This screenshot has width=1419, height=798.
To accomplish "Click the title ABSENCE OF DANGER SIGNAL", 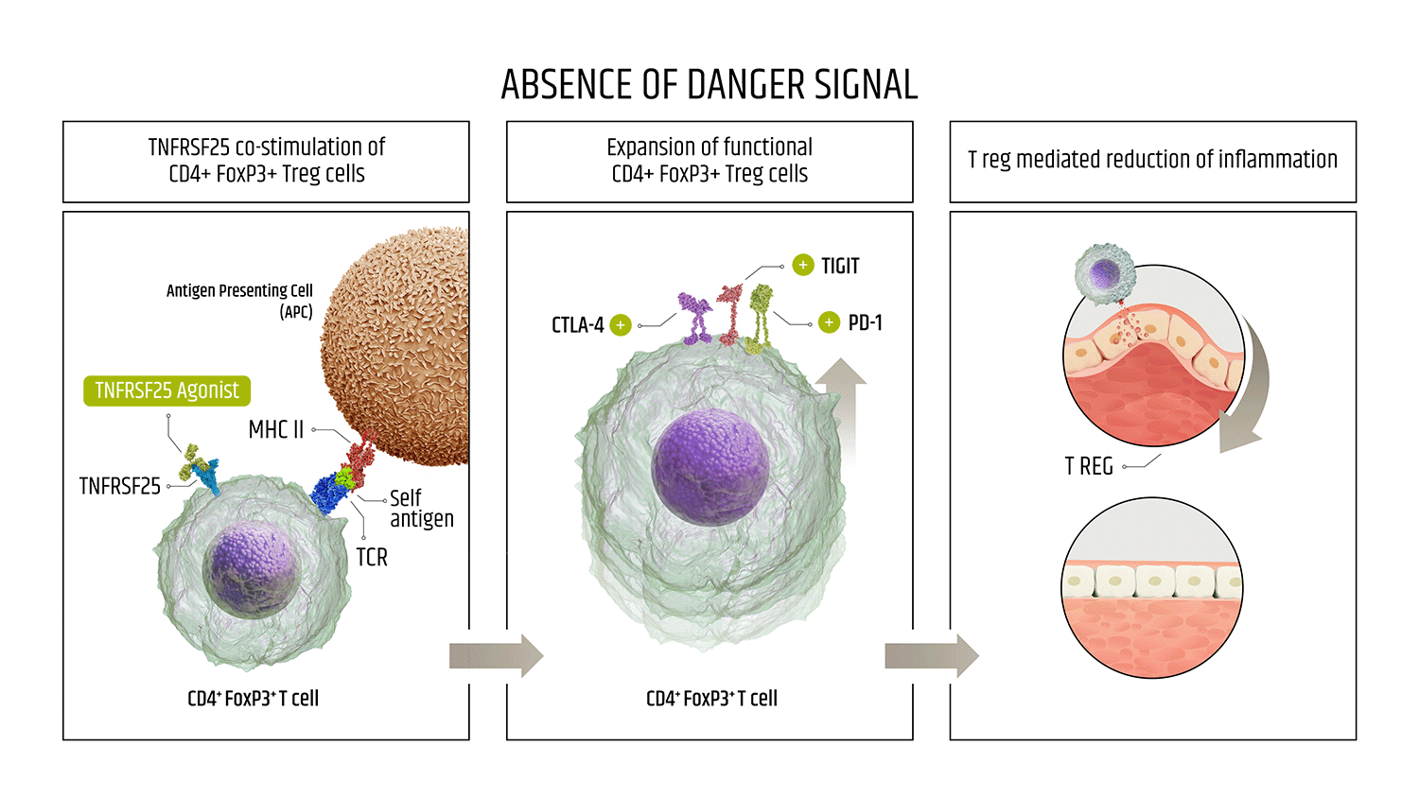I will (709, 85).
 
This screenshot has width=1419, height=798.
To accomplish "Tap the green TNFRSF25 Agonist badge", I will (166, 390).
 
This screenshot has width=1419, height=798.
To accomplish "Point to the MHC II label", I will (275, 430).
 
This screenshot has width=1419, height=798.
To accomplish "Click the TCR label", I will (372, 558).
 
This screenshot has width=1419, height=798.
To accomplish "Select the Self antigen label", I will (421, 509).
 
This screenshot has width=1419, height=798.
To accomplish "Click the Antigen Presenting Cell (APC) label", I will (239, 301).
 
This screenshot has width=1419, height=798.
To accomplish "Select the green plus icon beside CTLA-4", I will (621, 325).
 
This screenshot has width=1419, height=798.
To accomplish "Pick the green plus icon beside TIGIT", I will (803, 266).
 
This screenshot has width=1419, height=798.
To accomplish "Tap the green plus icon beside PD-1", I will (829, 322).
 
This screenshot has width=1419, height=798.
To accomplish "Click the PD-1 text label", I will (865, 323).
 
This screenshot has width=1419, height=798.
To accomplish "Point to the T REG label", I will (1088, 467).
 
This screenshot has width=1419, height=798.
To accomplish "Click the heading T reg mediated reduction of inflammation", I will (1152, 160).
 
